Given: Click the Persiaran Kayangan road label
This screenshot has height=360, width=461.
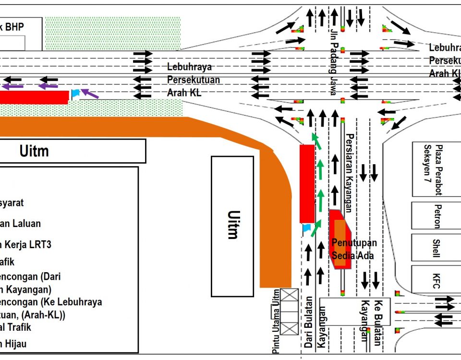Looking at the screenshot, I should click(349, 172).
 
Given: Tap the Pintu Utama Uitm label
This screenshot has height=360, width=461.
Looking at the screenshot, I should click(276, 322).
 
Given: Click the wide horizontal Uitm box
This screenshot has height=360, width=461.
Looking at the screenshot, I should click(72, 151).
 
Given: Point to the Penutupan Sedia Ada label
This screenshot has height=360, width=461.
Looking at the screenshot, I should click(354, 249).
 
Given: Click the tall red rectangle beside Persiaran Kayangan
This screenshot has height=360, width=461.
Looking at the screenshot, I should click(307, 183).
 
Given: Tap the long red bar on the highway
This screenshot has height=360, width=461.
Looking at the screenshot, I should click(34, 97).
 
